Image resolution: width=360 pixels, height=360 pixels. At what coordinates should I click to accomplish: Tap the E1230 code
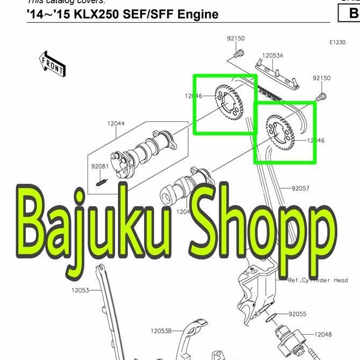pyautogui.click(x=338, y=42)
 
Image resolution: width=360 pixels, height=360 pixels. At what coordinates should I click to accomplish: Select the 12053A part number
pyautogui.click(x=272, y=55)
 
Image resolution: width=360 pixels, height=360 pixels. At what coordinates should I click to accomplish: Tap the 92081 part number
pyautogui.click(x=99, y=167)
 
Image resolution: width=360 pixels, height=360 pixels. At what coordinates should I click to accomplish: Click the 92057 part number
pyautogui.click(x=301, y=189)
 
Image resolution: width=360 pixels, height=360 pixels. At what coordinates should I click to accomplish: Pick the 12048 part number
pyautogui.click(x=322, y=334)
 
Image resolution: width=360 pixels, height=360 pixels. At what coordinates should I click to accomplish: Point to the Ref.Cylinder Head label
pyautogui.click(x=318, y=280)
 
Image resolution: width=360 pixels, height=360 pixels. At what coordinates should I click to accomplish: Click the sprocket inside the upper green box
pyautogui.click(x=229, y=102)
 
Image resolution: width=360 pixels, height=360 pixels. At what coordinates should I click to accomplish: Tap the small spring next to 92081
pyautogui.click(x=100, y=183)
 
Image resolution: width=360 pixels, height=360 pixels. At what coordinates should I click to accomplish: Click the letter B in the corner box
pyautogui.click(x=353, y=15)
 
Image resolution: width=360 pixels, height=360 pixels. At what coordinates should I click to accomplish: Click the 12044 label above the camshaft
pyautogui.click(x=116, y=124)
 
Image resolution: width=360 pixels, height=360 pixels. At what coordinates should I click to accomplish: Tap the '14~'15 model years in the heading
pyautogui.click(x=46, y=14)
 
